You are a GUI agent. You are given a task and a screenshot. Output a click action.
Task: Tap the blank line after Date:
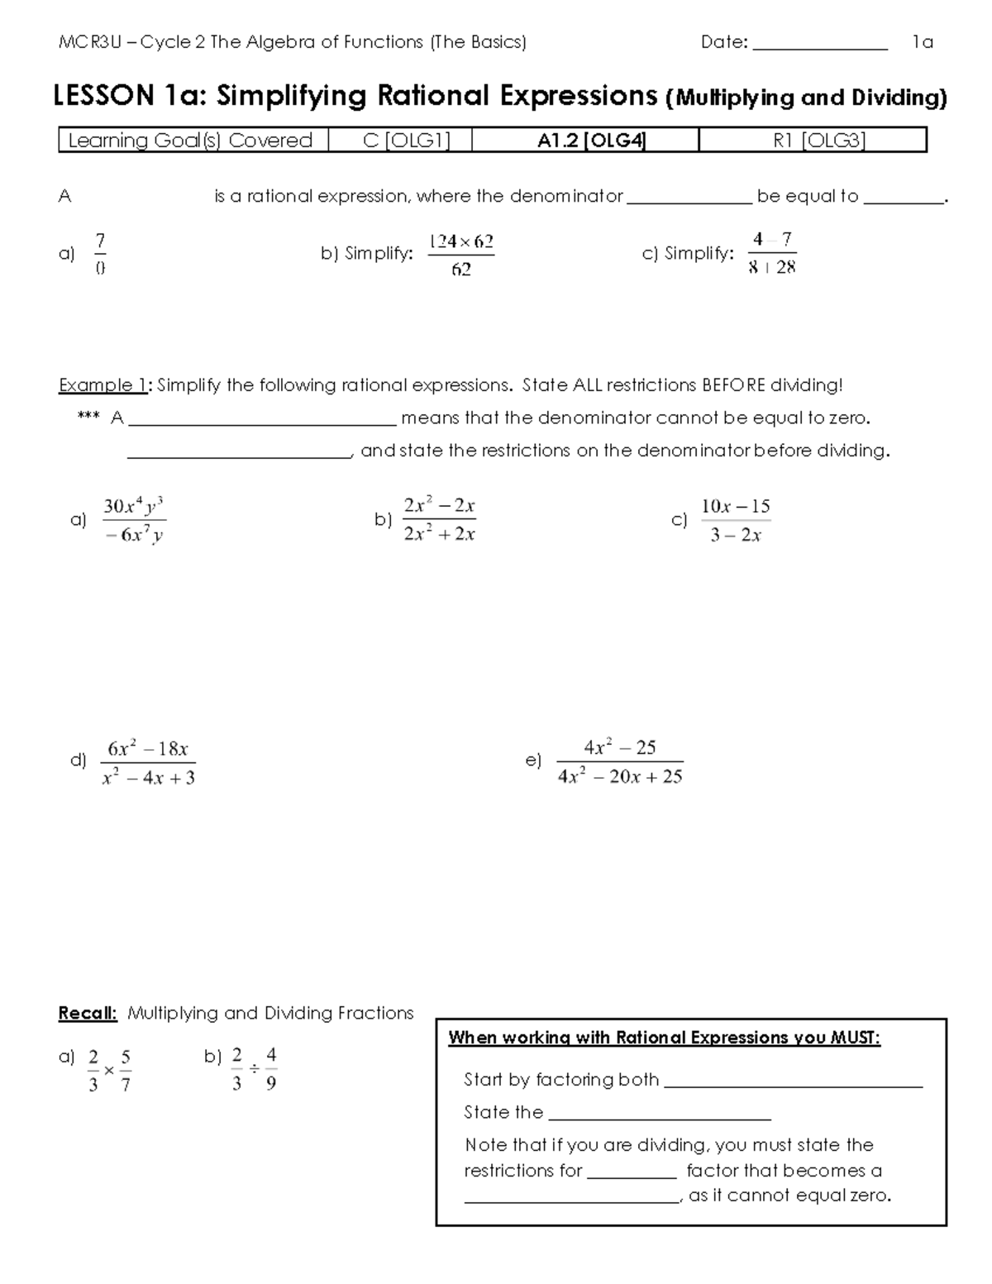[819, 45]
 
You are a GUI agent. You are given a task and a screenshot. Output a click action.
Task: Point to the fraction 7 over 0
[100, 253]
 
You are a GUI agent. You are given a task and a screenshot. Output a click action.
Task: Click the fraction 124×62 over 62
[460, 255]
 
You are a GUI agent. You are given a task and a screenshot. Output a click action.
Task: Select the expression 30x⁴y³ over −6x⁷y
[135, 520]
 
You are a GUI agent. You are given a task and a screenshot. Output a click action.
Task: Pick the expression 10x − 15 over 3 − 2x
[735, 520]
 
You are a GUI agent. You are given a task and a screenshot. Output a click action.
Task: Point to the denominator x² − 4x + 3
[148, 778]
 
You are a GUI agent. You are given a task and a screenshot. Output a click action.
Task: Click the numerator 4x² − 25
[619, 747]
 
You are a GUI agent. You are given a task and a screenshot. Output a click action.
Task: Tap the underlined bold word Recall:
[88, 1013]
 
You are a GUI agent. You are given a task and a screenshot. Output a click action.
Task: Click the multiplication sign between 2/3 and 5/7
[109, 1071]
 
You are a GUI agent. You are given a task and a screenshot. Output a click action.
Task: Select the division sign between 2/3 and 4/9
[254, 1069]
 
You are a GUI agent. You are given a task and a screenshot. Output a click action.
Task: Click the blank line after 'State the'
[659, 1114]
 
